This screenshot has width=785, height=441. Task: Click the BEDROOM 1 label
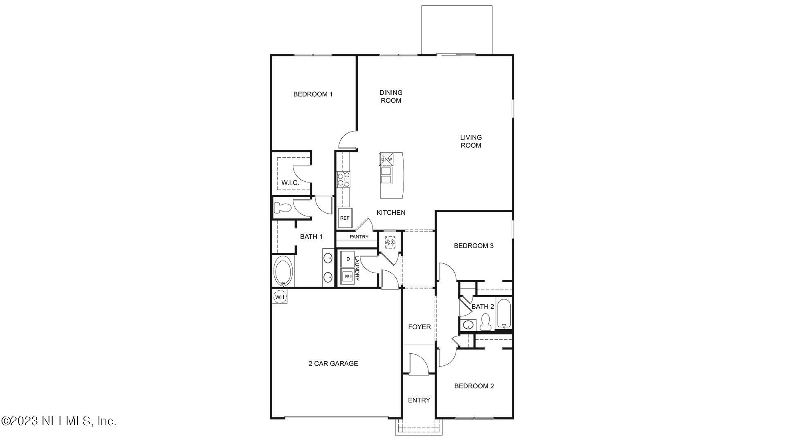[x=313, y=94]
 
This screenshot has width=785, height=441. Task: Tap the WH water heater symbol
[x=280, y=297]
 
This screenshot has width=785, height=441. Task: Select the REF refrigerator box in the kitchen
[x=345, y=218]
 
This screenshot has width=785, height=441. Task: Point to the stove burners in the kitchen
[x=343, y=180]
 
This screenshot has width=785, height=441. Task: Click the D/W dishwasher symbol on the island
[x=386, y=159]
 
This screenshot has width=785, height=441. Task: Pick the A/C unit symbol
[x=390, y=242]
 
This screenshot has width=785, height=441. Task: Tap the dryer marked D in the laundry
[x=348, y=259]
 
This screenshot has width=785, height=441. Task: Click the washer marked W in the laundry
[x=348, y=276]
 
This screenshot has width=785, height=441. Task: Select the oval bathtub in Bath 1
[x=283, y=271]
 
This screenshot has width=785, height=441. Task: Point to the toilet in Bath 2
[x=486, y=322]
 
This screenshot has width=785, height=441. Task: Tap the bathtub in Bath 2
[x=504, y=314]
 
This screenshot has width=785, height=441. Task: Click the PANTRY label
[x=359, y=237]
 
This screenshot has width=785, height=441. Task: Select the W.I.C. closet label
[x=290, y=183]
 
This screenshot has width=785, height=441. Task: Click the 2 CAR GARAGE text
[x=333, y=363]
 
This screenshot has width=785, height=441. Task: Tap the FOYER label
[x=419, y=327]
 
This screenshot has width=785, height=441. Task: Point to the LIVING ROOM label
[x=471, y=141]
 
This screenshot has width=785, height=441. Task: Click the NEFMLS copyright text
[x=59, y=421]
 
